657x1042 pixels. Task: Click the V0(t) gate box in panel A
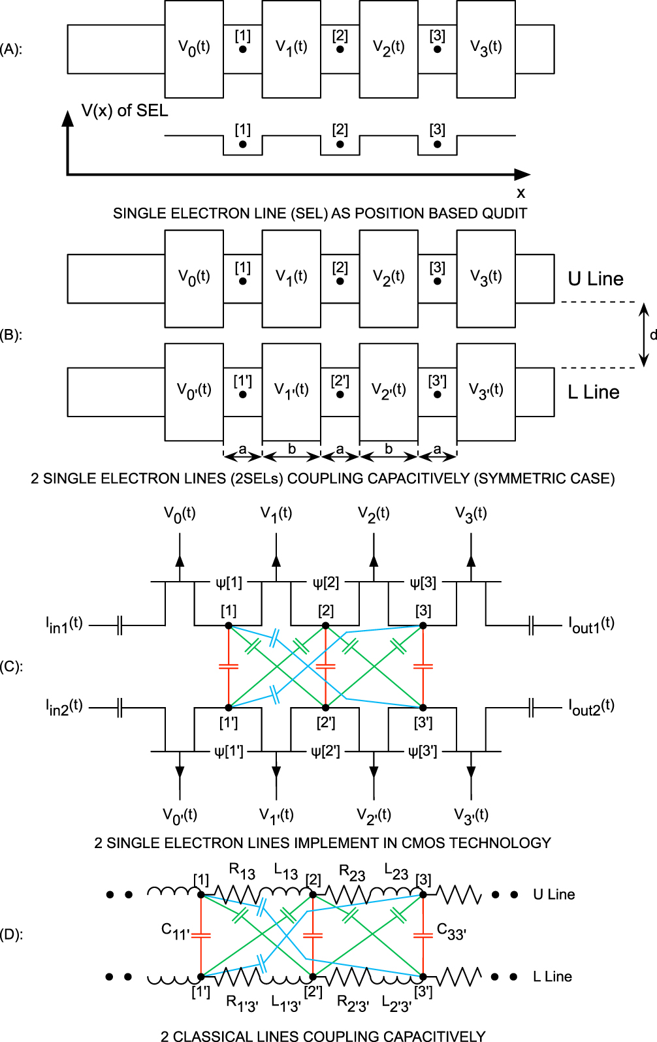[194, 48]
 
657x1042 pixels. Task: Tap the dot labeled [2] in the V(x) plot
[340, 144]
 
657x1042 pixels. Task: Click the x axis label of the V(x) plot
[521, 193]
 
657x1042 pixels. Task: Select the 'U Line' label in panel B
[595, 279]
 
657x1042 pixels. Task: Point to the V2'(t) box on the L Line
[389, 390]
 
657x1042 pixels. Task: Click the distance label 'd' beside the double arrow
[652, 335]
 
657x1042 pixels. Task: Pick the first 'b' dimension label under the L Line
[292, 449]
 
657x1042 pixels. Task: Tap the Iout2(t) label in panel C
[591, 707]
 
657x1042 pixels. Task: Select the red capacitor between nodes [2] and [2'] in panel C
[325, 667]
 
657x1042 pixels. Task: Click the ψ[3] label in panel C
[423, 582]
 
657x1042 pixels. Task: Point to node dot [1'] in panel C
[229, 708]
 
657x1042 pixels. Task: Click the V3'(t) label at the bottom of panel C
[471, 815]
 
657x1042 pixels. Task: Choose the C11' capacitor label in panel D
[175, 931]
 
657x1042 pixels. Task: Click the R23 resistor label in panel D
[352, 872]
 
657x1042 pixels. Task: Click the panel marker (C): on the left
[11, 667]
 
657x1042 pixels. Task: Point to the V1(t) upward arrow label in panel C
[276, 514]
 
